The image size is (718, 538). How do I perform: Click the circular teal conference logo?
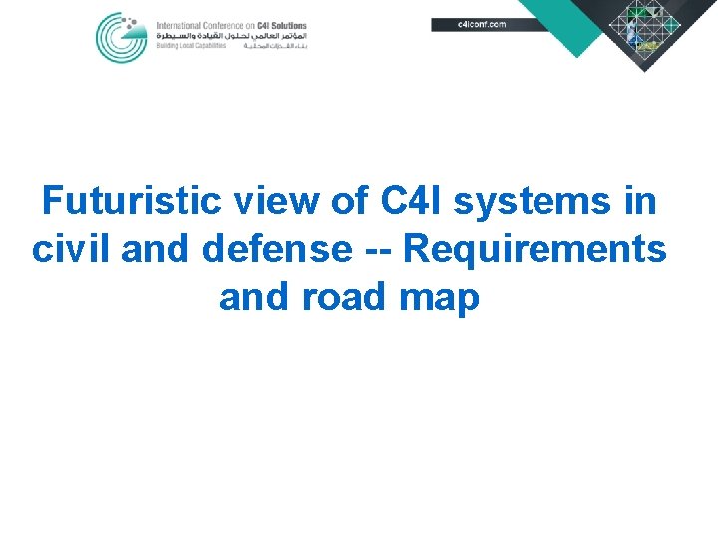(121, 37)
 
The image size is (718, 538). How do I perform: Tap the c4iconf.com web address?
(481, 24)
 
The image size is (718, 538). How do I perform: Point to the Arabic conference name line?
(231, 35)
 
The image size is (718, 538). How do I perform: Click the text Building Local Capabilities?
(190, 46)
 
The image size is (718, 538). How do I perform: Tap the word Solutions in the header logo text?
(288, 24)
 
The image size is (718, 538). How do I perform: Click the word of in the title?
(348, 201)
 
